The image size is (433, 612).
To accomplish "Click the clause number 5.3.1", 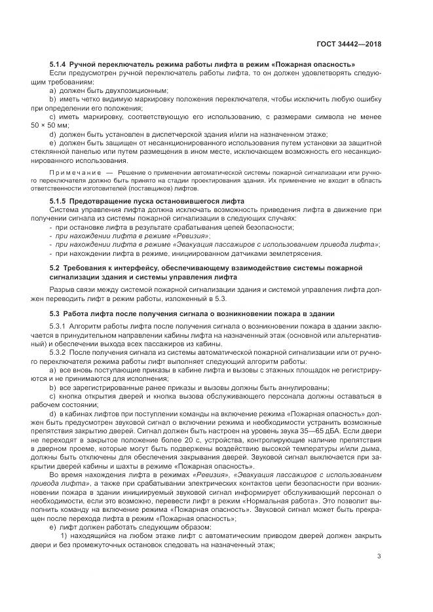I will (61, 326).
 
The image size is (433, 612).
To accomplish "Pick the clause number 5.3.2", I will (61, 351).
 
